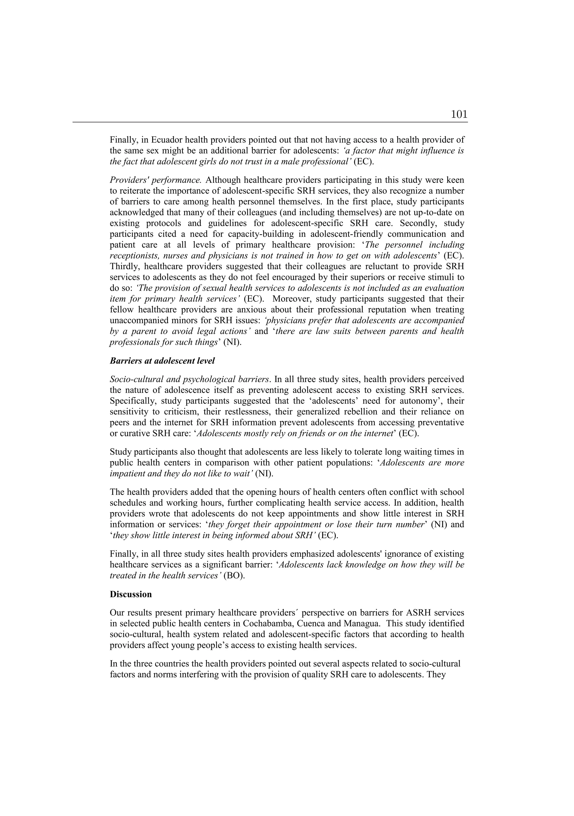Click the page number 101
[x=459, y=114]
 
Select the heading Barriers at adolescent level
[x=162, y=361]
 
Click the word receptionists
[x=132, y=256]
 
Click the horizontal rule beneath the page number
[x=270, y=122]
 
